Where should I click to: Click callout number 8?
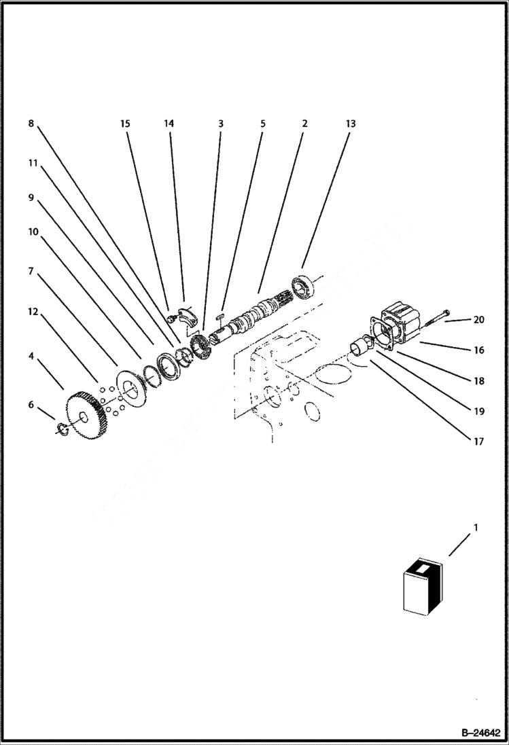(31, 124)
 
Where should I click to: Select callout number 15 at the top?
(125, 124)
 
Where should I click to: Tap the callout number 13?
(350, 124)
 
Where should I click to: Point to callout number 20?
(479, 320)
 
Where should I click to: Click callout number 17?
(478, 441)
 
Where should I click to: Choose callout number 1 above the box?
(476, 527)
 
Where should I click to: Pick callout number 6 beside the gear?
(31, 405)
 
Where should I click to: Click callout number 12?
(33, 312)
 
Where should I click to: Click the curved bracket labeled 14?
(187, 313)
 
